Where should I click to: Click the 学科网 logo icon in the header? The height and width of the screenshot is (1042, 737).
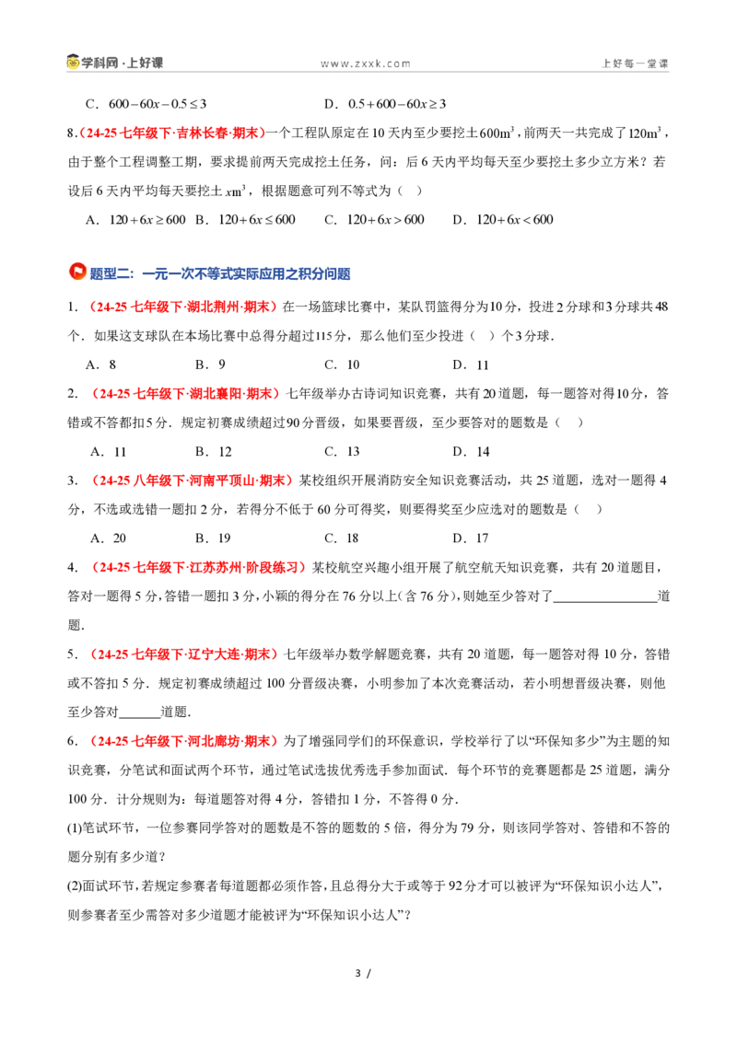73,63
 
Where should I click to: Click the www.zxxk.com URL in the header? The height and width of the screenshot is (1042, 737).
365,64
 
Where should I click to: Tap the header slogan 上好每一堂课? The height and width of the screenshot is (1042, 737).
635,64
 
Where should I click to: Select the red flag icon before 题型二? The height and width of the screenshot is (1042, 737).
77,272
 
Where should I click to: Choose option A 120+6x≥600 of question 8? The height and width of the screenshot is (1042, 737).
135,220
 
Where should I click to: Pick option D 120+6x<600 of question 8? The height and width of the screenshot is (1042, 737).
503,220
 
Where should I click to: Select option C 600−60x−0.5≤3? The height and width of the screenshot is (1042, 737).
146,104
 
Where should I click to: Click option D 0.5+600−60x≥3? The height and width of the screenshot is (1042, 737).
385,104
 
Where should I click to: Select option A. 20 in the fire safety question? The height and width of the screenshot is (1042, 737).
108,538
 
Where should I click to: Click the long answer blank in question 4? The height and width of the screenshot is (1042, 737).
605,601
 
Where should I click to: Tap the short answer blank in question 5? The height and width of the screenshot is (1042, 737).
139,716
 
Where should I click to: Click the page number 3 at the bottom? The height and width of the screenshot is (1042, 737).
357,974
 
